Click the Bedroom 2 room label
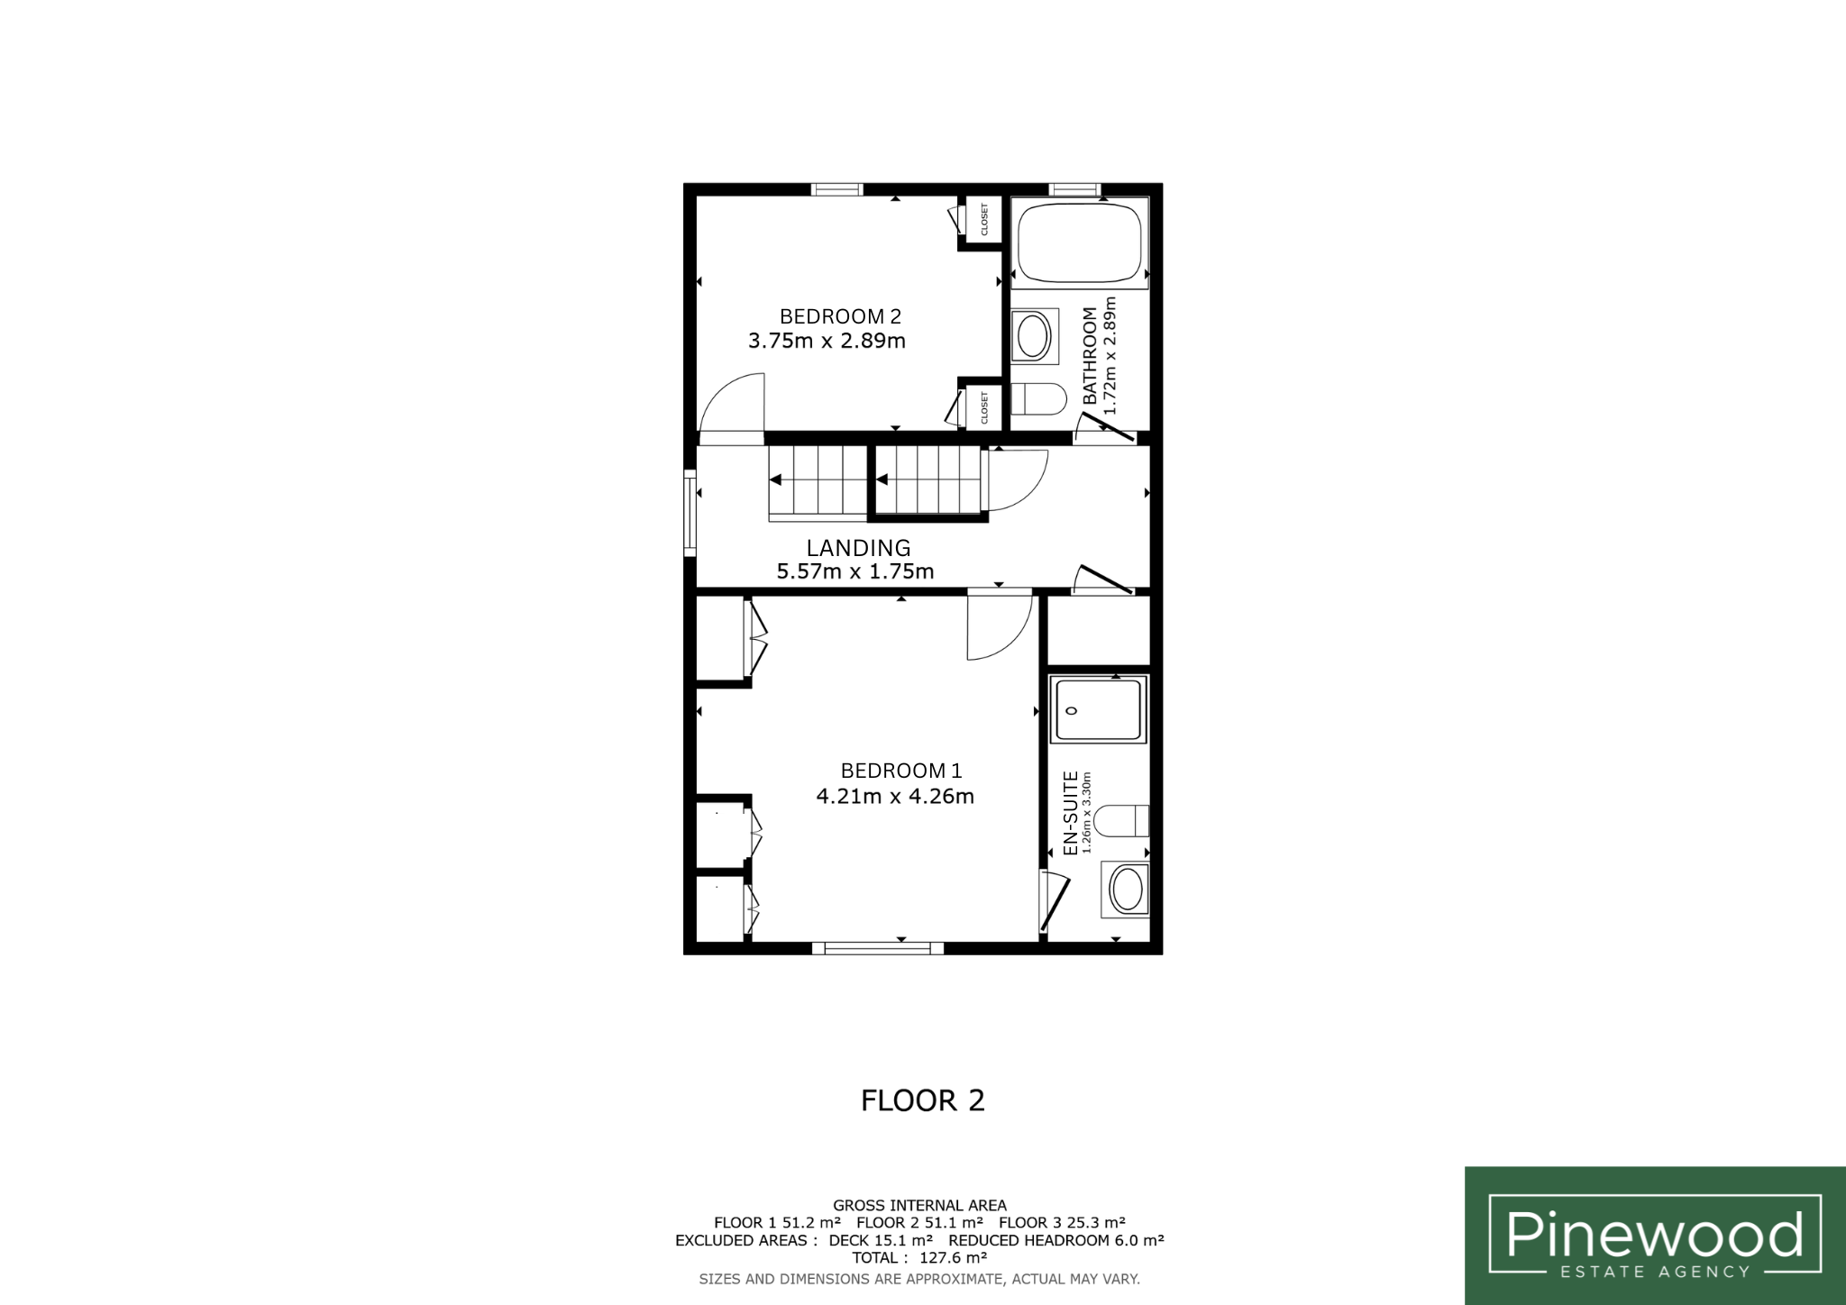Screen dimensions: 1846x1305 tap(840, 316)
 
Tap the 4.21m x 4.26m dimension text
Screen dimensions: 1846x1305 tap(895, 797)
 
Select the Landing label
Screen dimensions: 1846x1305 tap(858, 548)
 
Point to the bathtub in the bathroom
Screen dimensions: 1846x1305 tap(1080, 243)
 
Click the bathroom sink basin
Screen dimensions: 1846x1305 tap(1035, 337)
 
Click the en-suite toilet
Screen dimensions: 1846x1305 tap(1121, 821)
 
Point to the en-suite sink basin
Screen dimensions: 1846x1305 tap(1126, 890)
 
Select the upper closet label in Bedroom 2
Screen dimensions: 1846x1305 tap(984, 220)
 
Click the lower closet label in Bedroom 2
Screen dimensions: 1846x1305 tap(984, 407)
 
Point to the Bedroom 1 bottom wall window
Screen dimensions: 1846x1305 tap(878, 948)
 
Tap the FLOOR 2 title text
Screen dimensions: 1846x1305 tap(923, 1100)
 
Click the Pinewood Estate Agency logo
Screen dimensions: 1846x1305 tap(1655, 1236)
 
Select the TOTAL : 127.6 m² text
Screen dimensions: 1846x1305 tap(920, 1258)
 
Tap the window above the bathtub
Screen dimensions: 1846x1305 tap(1075, 189)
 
